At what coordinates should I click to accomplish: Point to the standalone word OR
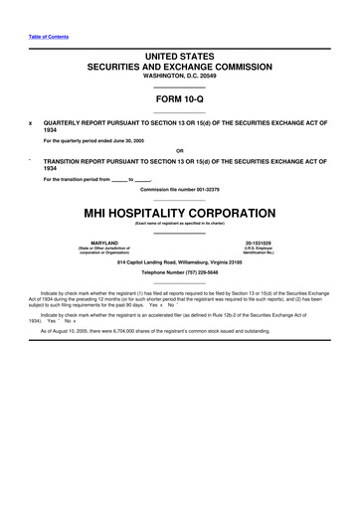(179, 151)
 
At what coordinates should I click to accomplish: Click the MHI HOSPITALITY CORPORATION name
(179, 213)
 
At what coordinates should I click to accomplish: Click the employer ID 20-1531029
(258, 242)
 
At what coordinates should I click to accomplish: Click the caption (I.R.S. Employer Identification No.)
(258, 251)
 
